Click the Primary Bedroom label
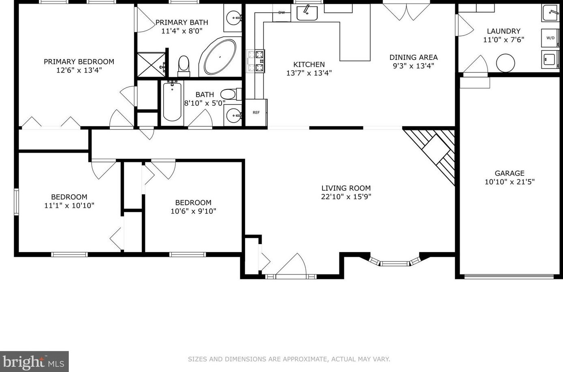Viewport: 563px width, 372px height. [x=79, y=62]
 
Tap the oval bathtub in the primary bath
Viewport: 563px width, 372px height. [x=219, y=57]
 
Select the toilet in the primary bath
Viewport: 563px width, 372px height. [x=184, y=65]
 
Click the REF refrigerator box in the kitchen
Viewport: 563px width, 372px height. [x=256, y=112]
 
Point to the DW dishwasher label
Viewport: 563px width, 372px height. [x=281, y=13]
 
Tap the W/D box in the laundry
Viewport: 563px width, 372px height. [x=550, y=38]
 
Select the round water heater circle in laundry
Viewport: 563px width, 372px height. [x=505, y=63]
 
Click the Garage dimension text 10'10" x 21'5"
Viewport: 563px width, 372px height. [x=510, y=182]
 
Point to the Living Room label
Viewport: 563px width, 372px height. [x=346, y=188]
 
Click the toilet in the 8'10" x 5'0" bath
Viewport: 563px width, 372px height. [x=229, y=95]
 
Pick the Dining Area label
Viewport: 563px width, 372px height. [x=414, y=57]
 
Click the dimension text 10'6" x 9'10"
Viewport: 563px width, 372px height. [x=193, y=211]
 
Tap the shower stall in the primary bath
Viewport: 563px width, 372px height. [x=151, y=64]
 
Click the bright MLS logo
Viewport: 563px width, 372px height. [x=34, y=361]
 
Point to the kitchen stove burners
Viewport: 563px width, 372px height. [x=256, y=61]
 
